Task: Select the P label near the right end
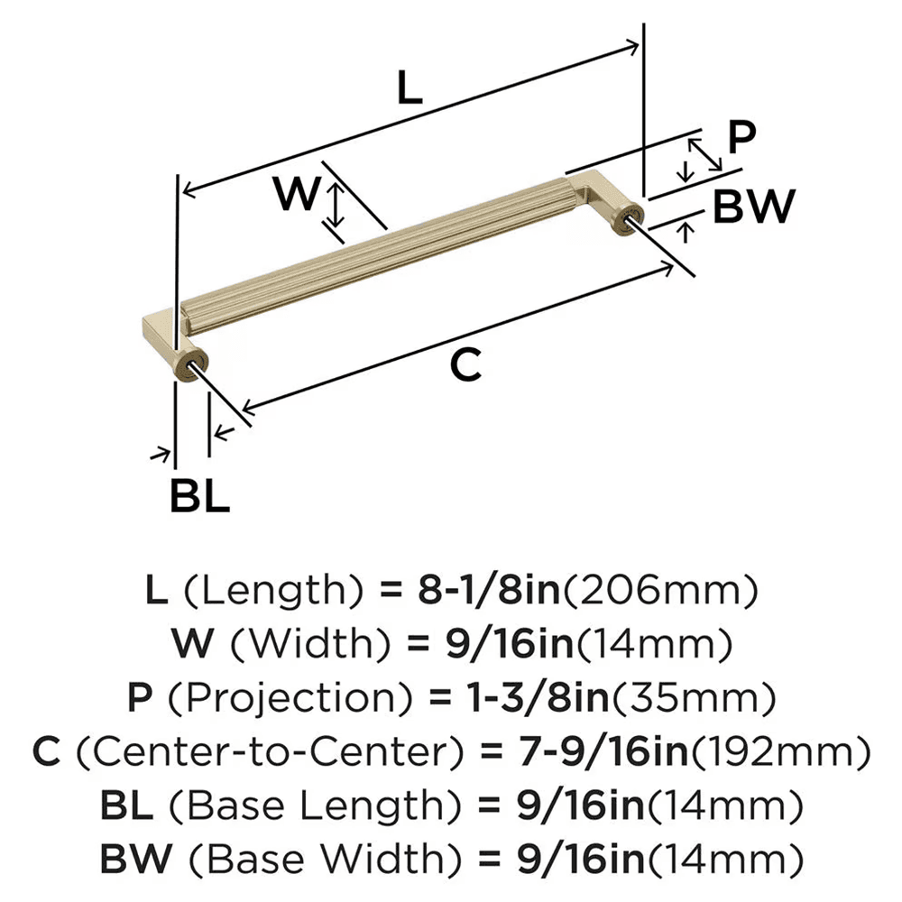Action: point(740,138)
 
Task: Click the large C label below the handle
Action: point(465,365)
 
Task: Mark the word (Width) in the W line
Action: point(305,644)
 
